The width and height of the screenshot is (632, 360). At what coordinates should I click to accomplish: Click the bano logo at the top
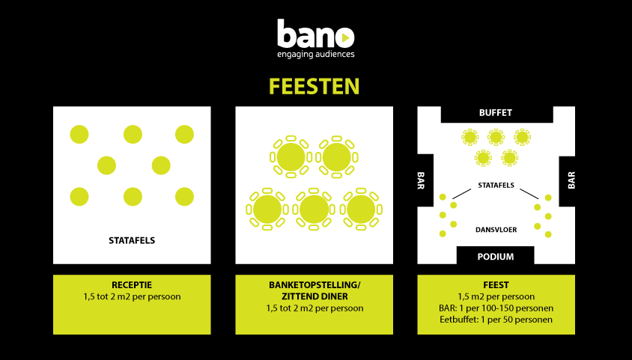[315, 34]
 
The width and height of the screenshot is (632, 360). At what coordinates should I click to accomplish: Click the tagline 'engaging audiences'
[315, 54]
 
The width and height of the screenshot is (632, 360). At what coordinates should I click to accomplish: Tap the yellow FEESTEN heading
[315, 86]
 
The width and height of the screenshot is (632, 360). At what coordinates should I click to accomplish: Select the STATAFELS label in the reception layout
[132, 241]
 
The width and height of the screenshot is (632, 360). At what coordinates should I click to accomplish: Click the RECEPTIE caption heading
[132, 285]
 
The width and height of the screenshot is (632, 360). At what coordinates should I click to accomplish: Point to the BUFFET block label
[496, 113]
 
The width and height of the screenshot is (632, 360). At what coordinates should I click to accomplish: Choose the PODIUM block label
[496, 257]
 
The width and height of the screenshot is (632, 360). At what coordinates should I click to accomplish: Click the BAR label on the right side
[571, 180]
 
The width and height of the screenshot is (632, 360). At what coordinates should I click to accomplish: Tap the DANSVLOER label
[495, 229]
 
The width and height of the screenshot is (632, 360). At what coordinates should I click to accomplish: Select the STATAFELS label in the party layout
[495, 184]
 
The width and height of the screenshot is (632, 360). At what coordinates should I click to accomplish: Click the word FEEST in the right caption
[496, 285]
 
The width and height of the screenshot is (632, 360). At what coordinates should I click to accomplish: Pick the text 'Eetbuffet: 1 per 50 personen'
[496, 320]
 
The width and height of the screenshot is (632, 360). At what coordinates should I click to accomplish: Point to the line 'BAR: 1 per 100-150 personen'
[496, 308]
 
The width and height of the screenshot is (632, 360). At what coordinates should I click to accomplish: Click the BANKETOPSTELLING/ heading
[315, 285]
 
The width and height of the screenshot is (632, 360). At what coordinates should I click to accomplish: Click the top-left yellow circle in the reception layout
[79, 135]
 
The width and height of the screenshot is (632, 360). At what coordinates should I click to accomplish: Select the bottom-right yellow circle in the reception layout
[184, 197]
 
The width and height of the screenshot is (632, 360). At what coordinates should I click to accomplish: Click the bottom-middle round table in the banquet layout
[315, 210]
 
